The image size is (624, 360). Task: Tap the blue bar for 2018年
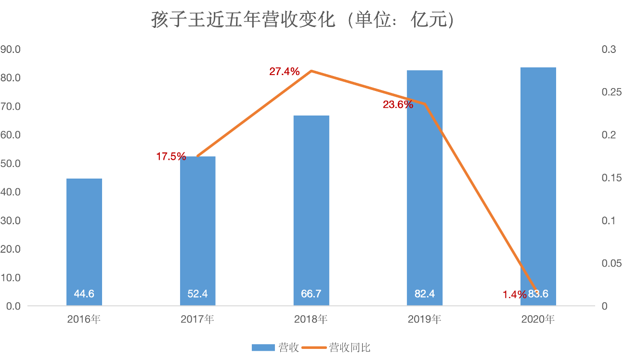pyautogui.click(x=312, y=207)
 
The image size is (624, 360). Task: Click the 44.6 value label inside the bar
pyautogui.click(x=84, y=294)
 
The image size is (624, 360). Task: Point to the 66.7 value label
pyautogui.click(x=312, y=294)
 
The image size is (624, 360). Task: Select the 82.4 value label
pyautogui.click(x=425, y=294)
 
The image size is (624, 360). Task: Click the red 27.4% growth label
pyautogui.click(x=285, y=72)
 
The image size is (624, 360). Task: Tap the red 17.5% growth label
pyautogui.click(x=171, y=156)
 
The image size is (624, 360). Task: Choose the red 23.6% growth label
pyautogui.click(x=398, y=104)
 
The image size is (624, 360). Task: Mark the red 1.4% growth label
pyautogui.click(x=515, y=295)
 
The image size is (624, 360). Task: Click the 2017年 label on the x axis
pyautogui.click(x=197, y=319)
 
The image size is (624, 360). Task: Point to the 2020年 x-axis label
pyautogui.click(x=538, y=319)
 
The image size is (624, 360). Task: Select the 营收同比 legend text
pyautogui.click(x=350, y=347)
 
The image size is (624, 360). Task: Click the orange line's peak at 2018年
pyautogui.click(x=312, y=71)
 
